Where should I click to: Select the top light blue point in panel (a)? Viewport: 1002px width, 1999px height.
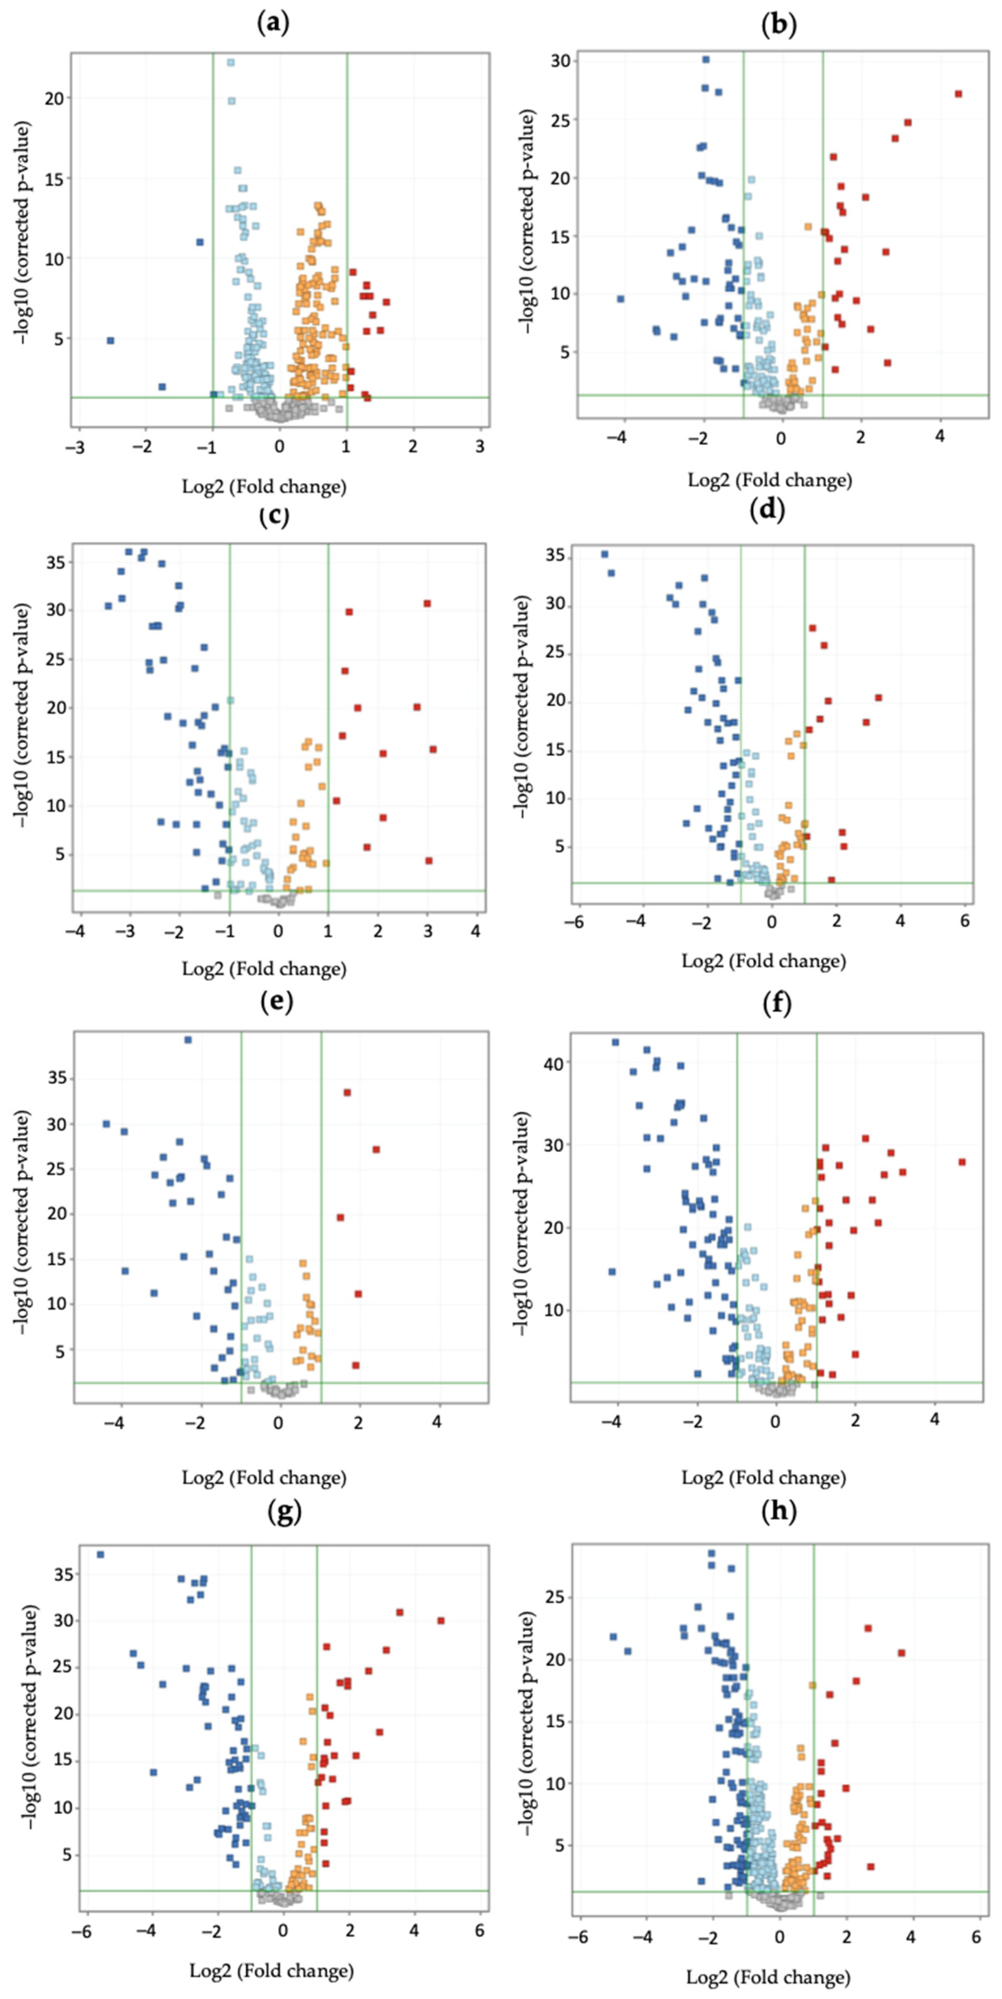(x=230, y=62)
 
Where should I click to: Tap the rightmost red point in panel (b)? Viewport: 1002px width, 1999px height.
(x=959, y=94)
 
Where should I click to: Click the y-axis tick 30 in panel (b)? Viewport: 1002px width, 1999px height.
(x=560, y=60)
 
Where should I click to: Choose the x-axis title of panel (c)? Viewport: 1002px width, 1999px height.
(x=264, y=968)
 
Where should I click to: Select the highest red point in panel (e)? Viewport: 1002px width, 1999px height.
(x=347, y=1093)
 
